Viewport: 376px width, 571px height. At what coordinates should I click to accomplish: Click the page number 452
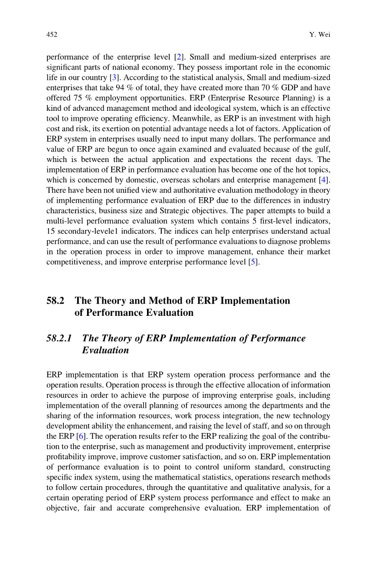coord(52,35)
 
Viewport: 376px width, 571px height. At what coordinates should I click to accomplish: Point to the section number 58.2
coord(56,301)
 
